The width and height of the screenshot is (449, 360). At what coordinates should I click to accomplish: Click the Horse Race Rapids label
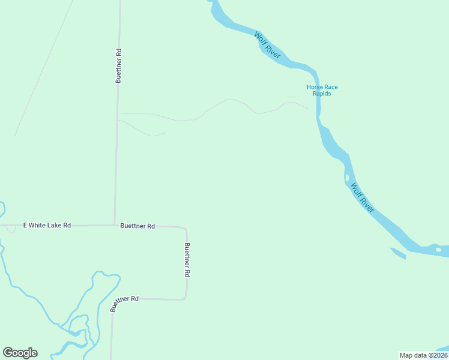[322, 90]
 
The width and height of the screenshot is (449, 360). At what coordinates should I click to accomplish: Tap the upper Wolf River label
[267, 45]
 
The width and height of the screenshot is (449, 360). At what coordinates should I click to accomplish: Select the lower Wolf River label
[363, 197]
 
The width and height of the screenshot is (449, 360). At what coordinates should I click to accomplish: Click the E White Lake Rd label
[47, 226]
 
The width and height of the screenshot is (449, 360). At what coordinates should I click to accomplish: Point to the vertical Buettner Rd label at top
[119, 65]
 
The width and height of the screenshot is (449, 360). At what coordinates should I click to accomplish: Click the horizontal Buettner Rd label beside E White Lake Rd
[137, 226]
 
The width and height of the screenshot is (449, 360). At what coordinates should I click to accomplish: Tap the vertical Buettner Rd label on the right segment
[187, 259]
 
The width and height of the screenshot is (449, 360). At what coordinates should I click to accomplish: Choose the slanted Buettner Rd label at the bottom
[124, 303]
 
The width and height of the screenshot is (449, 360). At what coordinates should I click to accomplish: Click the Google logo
[20, 353]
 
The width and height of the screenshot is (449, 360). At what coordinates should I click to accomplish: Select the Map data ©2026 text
[423, 355]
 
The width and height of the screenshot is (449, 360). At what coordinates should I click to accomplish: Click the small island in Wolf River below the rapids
[347, 178]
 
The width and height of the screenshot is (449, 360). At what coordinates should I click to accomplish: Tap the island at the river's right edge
[439, 249]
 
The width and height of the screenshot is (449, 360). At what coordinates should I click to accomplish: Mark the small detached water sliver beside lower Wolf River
[398, 253]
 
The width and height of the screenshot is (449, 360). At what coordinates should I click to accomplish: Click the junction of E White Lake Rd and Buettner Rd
[115, 226]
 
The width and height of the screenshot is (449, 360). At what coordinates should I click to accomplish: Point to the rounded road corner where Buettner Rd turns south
[185, 229]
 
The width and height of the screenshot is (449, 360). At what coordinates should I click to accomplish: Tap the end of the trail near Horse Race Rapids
[309, 109]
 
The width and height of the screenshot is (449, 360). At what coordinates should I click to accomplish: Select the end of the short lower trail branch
[165, 133]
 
